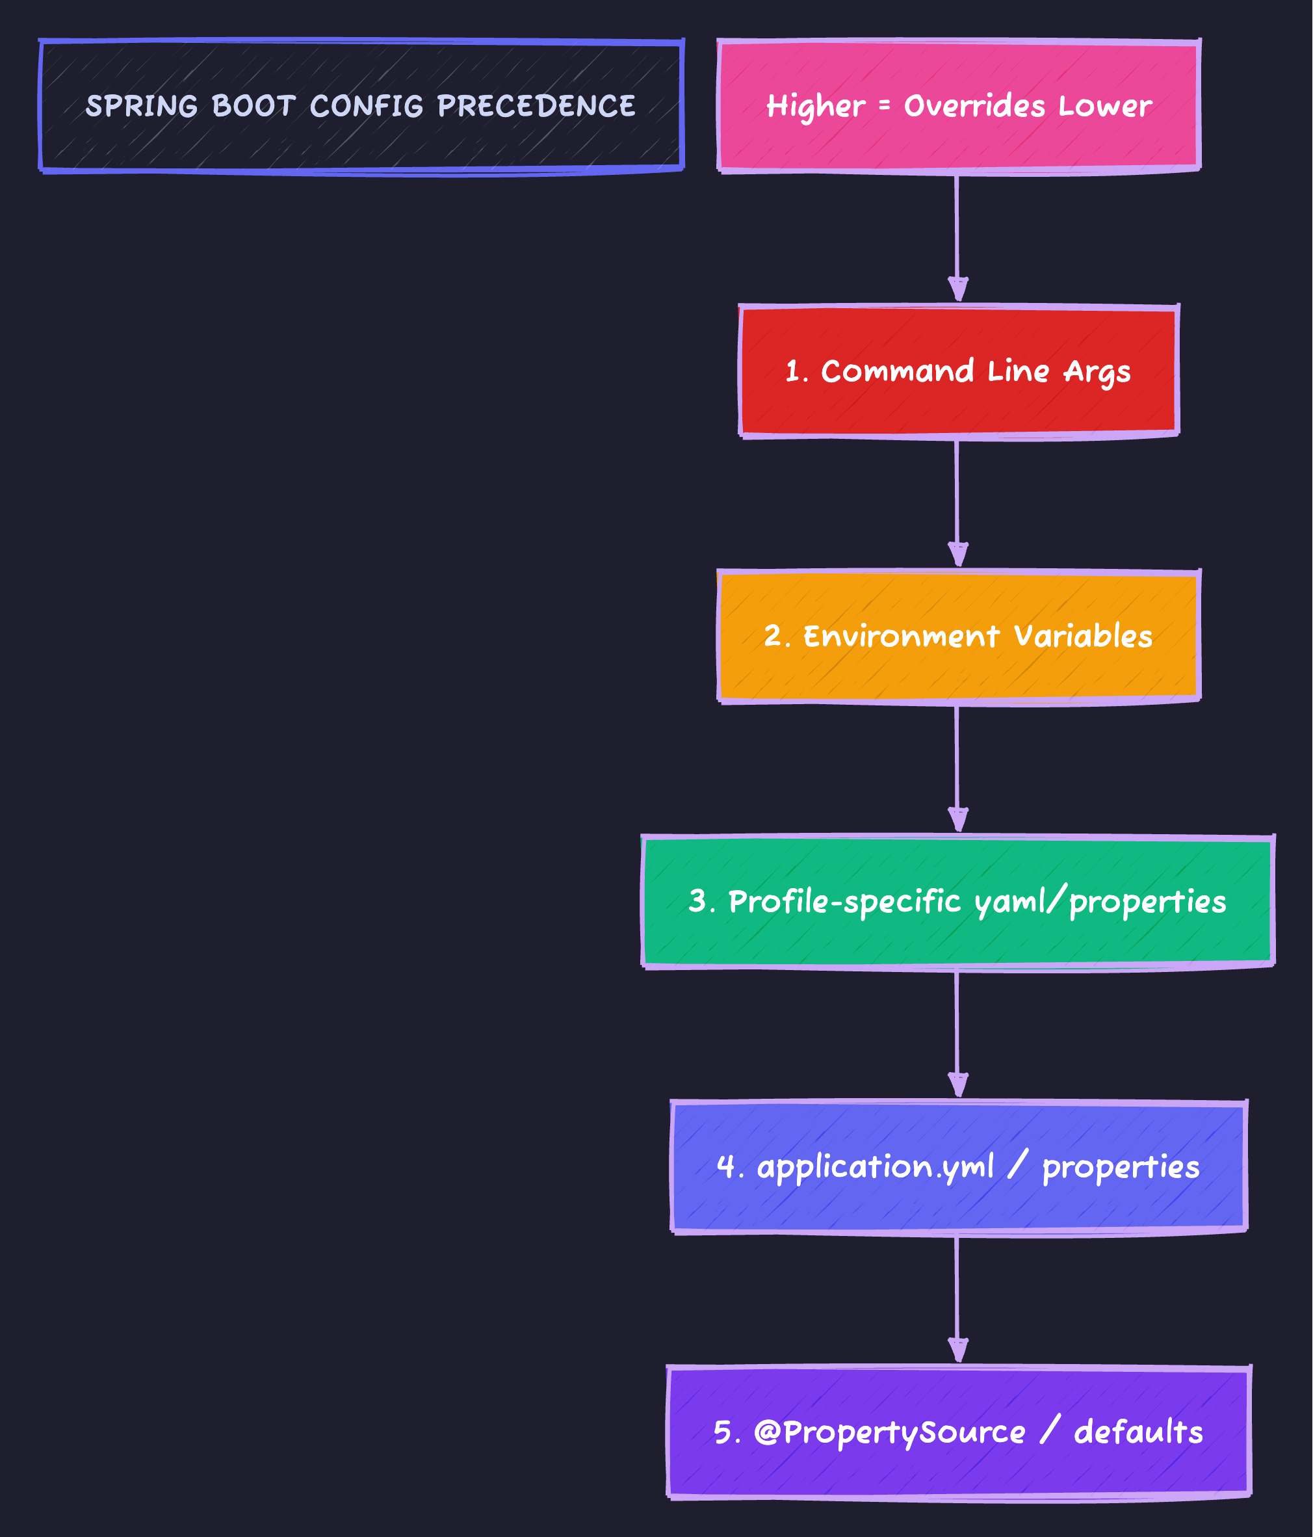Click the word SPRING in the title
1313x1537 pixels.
tap(142, 105)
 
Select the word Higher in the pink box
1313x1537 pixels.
tap(815, 107)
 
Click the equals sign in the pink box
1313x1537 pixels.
tap(884, 106)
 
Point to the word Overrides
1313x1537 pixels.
tap(976, 105)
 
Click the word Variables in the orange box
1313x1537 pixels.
tap(1083, 637)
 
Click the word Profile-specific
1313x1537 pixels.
tap(844, 902)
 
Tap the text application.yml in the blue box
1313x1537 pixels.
tap(876, 1168)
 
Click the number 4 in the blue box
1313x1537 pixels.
tap(725, 1166)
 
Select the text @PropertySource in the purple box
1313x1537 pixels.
tap(889, 1432)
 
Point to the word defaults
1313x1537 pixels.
tap(1138, 1432)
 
